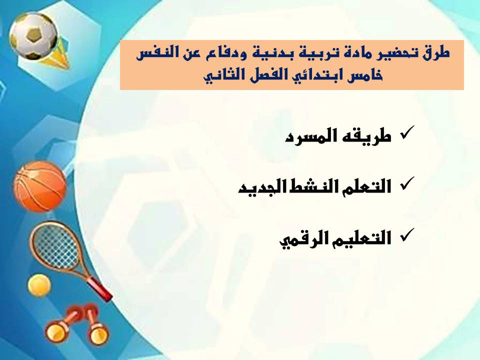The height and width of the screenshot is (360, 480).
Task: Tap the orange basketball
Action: pos(40,186)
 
